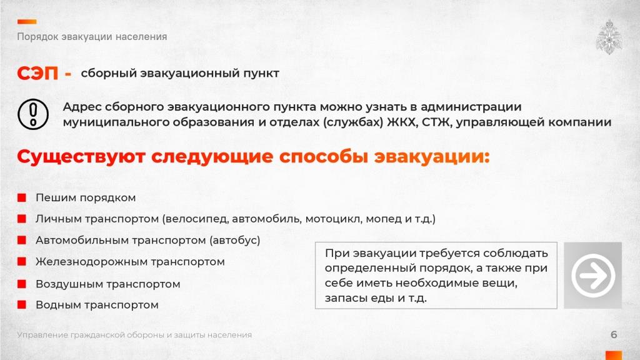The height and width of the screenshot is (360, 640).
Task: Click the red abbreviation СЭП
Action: (x=37, y=74)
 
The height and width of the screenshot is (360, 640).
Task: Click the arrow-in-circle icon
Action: (x=592, y=275)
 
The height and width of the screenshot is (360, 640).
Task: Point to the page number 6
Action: (x=614, y=335)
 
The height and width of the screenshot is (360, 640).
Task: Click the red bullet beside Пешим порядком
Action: (x=21, y=198)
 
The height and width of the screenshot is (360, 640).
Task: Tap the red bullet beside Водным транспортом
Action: (x=21, y=305)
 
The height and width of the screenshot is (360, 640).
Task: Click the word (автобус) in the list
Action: (x=235, y=240)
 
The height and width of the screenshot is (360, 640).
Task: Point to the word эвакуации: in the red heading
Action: (x=431, y=156)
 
